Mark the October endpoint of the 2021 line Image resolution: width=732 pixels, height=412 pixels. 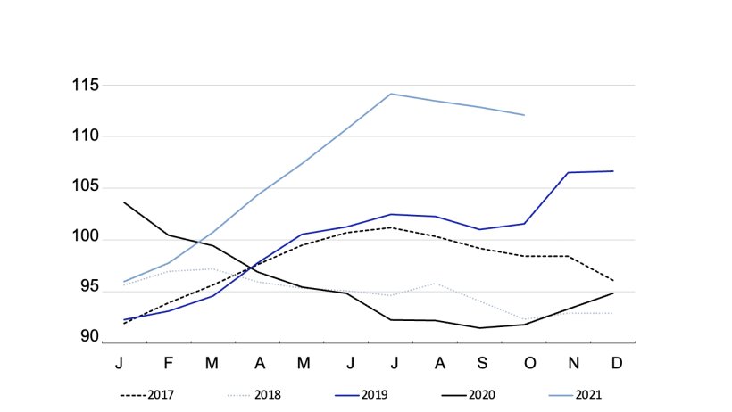(x=524, y=115)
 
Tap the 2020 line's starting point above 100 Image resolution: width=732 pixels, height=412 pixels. (x=124, y=202)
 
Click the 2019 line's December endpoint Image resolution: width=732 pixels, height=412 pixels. (x=612, y=171)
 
